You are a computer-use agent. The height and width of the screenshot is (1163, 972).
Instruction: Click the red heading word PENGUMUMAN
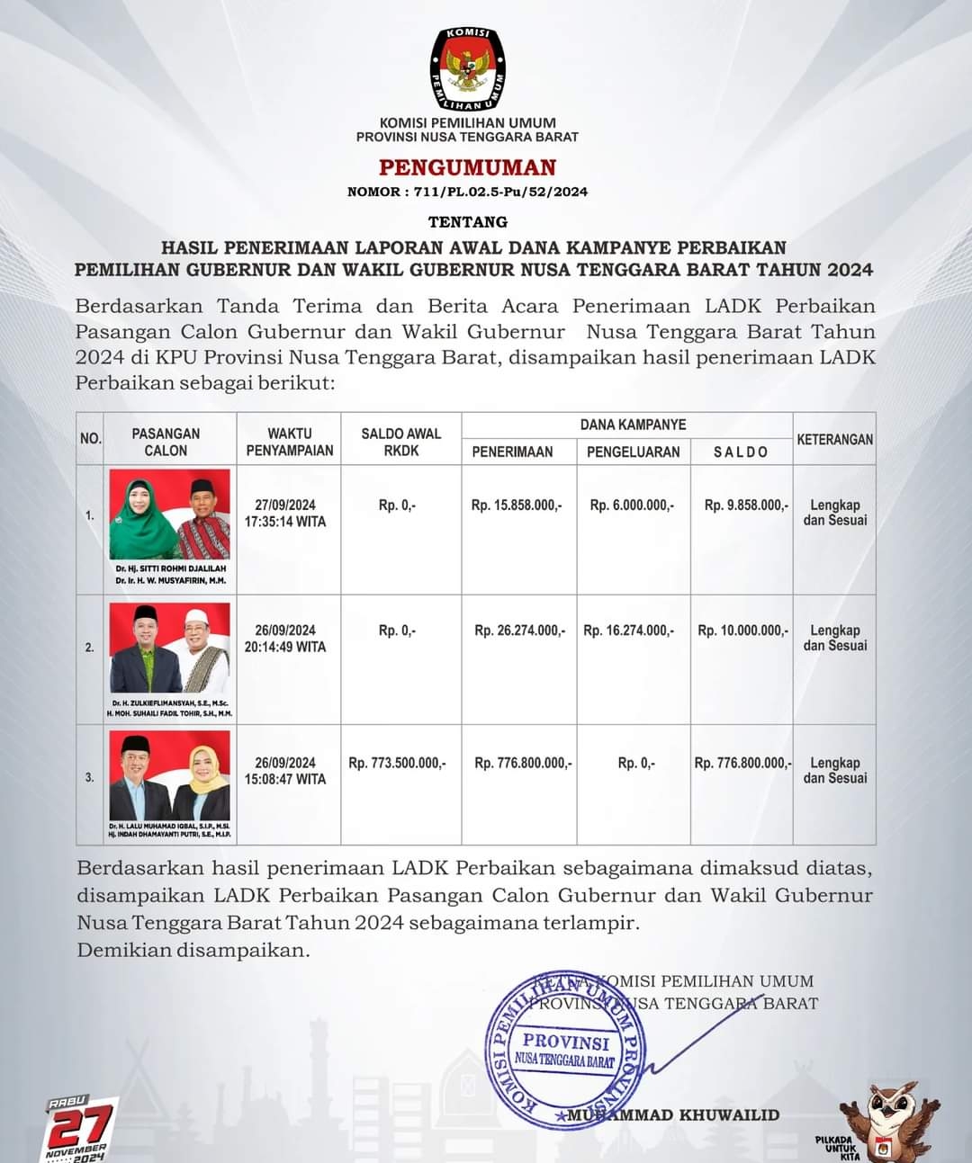pyautogui.click(x=467, y=167)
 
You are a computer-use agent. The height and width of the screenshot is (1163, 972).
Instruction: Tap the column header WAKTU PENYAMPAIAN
pyautogui.click(x=289, y=442)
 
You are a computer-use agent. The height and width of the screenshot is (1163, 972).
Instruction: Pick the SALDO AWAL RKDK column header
pyautogui.click(x=401, y=442)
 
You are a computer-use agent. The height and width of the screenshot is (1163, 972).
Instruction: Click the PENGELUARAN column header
pyautogui.click(x=633, y=452)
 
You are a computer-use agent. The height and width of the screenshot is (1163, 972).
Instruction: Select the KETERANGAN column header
pyautogui.click(x=834, y=440)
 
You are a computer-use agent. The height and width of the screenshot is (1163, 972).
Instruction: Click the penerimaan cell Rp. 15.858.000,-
pyautogui.click(x=517, y=505)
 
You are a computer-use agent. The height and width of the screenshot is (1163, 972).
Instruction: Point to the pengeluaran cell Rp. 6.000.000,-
pyautogui.click(x=632, y=505)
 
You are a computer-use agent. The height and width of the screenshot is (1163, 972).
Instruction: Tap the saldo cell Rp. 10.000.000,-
pyautogui.click(x=743, y=631)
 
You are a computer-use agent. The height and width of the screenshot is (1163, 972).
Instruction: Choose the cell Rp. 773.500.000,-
pyautogui.click(x=397, y=763)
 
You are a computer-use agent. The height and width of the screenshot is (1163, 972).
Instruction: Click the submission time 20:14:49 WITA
pyautogui.click(x=285, y=647)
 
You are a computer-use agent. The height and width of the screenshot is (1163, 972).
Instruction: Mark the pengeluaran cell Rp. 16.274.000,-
pyautogui.click(x=628, y=631)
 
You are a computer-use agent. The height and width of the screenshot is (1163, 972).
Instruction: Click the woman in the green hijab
pyautogui.click(x=139, y=517)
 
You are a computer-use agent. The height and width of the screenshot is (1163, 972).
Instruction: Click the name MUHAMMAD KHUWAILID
pyautogui.click(x=675, y=1115)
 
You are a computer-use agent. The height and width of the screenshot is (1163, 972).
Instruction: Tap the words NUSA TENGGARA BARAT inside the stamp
pyautogui.click(x=564, y=1061)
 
